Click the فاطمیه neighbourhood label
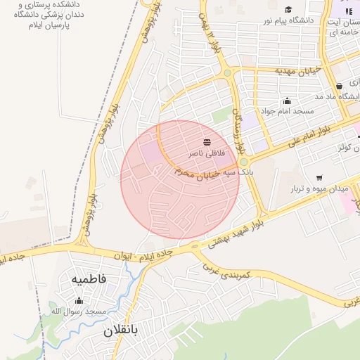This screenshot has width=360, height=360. point(89,279)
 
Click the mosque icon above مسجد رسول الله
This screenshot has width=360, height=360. point(78,300)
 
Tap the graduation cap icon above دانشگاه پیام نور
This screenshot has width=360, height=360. point(288,9)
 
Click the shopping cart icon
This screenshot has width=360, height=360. point(320,177)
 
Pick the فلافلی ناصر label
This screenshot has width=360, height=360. point(206,153)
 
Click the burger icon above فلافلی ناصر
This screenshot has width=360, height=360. point(206,142)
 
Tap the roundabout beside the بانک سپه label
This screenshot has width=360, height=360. point(243,162)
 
